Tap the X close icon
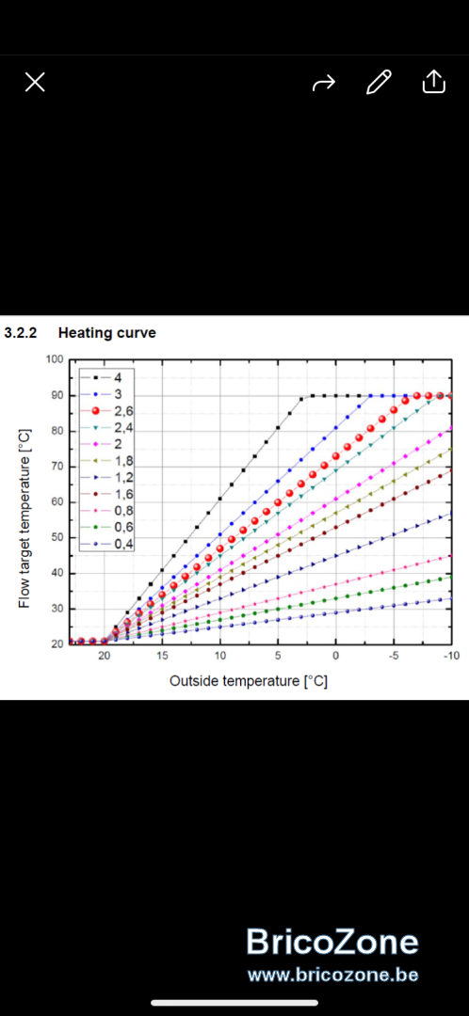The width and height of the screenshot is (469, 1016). coord(35,82)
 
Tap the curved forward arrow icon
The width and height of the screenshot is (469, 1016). coord(324,82)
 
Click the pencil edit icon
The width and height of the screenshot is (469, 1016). coord(379,82)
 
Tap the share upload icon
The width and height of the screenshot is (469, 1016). coord(434,82)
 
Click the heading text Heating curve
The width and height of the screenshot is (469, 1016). coord(107,334)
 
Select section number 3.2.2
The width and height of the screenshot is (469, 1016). coord(21,334)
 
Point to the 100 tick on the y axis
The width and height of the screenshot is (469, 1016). coord(56,359)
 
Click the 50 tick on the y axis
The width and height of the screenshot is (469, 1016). coord(57,538)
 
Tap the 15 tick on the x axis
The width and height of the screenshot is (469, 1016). coord(162,656)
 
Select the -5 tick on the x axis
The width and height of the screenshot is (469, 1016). coord(393,656)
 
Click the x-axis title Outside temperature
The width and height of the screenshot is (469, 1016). coord(249,681)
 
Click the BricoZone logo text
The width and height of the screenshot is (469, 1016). coord(332,942)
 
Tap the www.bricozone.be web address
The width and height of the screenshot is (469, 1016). coord(332,976)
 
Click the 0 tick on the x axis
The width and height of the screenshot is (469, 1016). coord(335,656)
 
